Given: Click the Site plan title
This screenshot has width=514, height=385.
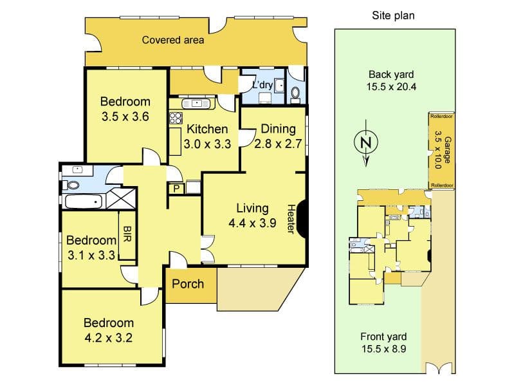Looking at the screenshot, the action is click(x=393, y=15).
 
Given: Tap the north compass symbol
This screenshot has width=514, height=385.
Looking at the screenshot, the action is click(x=366, y=143).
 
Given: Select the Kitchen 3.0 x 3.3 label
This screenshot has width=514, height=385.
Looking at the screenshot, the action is click(x=207, y=136).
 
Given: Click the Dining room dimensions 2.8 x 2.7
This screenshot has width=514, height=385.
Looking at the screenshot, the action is click(x=278, y=144).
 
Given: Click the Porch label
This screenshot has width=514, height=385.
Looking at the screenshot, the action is click(x=188, y=284).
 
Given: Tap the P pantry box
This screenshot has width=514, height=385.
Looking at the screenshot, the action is click(x=177, y=189).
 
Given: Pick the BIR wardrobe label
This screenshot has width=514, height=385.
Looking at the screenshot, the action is click(x=127, y=234).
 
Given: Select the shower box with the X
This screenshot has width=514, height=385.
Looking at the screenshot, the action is click(x=121, y=198).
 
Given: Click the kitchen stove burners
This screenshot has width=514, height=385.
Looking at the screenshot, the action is click(x=176, y=118).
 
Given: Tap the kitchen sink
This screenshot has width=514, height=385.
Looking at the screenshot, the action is click(x=196, y=104).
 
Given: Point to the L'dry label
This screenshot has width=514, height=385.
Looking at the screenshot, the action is click(x=262, y=85).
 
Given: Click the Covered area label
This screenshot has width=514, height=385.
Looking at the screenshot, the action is click(x=173, y=40).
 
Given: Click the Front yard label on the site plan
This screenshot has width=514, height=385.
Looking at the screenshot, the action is click(x=383, y=337).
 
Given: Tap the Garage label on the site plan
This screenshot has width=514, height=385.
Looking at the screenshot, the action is click(x=448, y=150).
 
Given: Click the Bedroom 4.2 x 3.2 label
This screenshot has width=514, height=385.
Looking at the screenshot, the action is click(x=109, y=330).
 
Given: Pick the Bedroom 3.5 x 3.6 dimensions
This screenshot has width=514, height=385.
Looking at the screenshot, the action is click(x=125, y=117).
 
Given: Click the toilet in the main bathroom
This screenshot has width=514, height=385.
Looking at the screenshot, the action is click(x=73, y=185).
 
